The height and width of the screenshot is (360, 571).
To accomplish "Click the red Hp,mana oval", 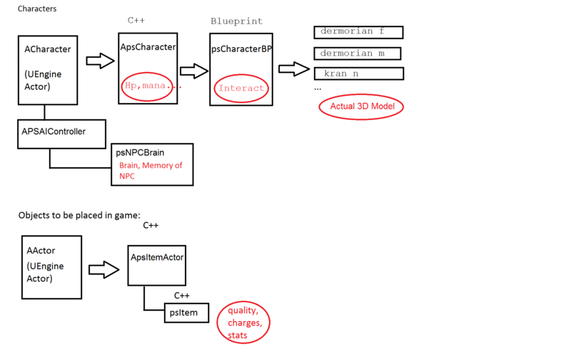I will [148, 86].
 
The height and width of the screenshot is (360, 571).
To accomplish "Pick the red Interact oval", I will [241, 88].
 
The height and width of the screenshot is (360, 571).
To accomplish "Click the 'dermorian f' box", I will [358, 32].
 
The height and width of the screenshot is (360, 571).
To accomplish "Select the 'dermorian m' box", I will [358, 54].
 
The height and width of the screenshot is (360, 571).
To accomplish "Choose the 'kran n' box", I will [359, 74].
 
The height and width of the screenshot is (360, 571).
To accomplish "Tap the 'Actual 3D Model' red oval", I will [361, 107].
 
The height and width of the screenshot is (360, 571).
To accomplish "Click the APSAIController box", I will [62, 134].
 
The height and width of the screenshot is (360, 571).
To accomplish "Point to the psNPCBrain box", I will [151, 164].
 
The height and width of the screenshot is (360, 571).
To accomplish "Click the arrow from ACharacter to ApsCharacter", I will [100, 60].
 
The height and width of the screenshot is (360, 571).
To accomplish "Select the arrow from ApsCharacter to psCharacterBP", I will [193, 71].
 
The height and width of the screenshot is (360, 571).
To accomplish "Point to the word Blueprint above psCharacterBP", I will [236, 21].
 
